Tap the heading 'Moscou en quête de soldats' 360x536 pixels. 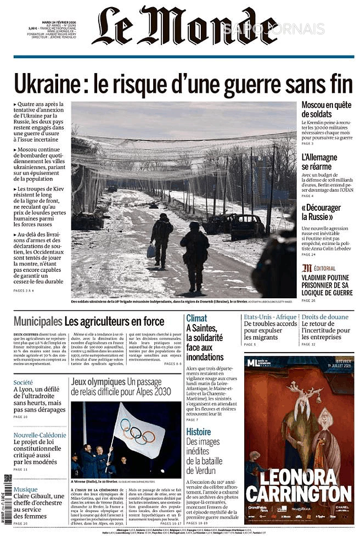coord(327,109)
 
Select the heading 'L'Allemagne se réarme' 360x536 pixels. coord(320,161)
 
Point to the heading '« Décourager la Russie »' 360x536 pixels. coord(321,211)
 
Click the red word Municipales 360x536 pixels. coord(37,321)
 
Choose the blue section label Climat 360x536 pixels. coord(196,318)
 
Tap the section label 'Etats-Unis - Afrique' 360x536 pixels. coord(270,317)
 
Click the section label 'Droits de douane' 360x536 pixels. coord(325,317)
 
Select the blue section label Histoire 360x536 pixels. coord(198,431)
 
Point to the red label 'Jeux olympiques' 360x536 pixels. coord(98,381)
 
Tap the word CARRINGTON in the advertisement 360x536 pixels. coord(299,494)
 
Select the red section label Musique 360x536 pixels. coord(26,489)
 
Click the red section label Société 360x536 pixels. coord(23,382)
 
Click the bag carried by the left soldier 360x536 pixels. coord(151,250)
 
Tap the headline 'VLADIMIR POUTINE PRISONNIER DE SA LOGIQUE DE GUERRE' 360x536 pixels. coord(327,285)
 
